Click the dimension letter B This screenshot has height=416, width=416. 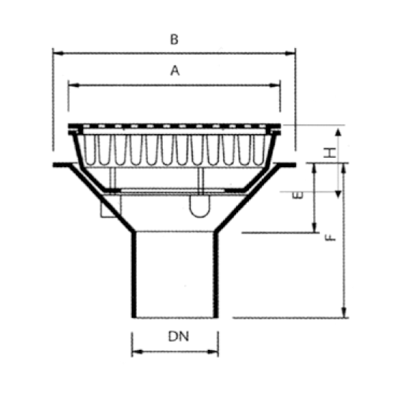(174, 39)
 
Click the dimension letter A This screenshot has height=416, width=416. (175, 70)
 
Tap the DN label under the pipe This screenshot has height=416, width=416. (179, 336)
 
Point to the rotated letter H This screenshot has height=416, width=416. (330, 153)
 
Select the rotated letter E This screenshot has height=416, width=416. (297, 195)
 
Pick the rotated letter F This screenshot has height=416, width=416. (331, 237)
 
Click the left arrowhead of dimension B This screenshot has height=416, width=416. (58, 53)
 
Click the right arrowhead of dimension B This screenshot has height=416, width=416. (290, 53)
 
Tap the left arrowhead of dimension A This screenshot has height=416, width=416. (74, 85)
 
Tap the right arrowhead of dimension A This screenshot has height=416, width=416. (275, 85)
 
